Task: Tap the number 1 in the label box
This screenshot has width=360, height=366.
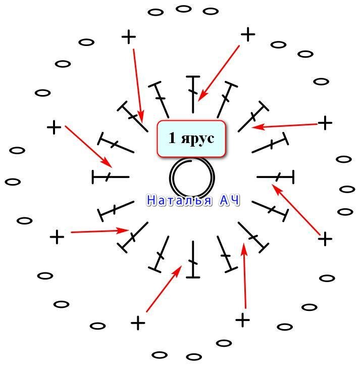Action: coord(172,138)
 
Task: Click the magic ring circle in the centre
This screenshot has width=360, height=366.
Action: coord(192,178)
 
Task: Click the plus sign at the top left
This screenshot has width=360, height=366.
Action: coord(129,36)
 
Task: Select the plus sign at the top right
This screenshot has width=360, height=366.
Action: coord(248,34)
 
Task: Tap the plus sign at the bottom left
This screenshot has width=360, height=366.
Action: coord(137,323)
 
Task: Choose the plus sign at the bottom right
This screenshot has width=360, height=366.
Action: coord(243,320)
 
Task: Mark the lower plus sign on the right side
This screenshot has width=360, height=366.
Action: coord(325,239)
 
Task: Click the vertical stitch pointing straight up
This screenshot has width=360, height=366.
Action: coord(193,94)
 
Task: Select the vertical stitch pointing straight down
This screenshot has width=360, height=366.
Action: coord(193,260)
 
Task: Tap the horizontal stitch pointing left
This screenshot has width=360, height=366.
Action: coord(111,177)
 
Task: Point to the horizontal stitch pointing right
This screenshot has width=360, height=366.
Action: coord(275,177)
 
